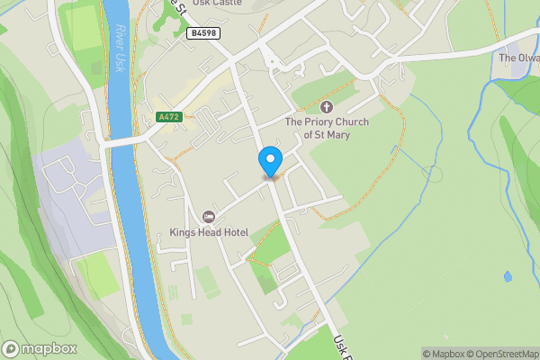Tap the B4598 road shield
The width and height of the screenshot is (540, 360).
(x=202, y=32)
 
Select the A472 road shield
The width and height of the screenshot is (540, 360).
(x=168, y=117)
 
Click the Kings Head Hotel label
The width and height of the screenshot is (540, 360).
(x=209, y=232)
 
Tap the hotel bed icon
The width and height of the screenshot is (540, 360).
(x=209, y=217)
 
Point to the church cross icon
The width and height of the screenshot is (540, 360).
(x=325, y=106)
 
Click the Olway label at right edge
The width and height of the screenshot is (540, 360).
(x=519, y=58)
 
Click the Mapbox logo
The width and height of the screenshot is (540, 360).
(x=40, y=348)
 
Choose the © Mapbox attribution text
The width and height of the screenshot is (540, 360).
(x=441, y=354)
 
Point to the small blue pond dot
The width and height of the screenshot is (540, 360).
(x=508, y=276)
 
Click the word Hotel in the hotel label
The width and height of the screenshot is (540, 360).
(x=230, y=232)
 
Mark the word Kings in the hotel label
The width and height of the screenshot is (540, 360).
(x=184, y=232)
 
